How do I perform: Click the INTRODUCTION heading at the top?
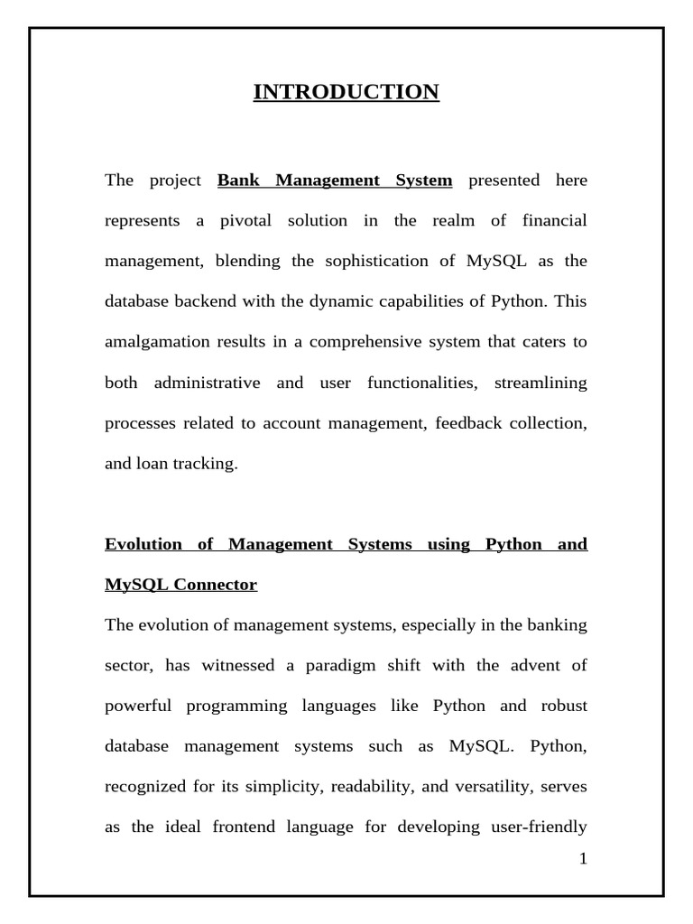click(x=346, y=92)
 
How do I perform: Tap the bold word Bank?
click(x=239, y=180)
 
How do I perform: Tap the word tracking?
click(x=207, y=465)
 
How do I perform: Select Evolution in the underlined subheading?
click(x=143, y=544)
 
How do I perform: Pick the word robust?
click(x=558, y=707)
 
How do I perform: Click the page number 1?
click(x=583, y=859)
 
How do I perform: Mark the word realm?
click(x=460, y=221)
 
